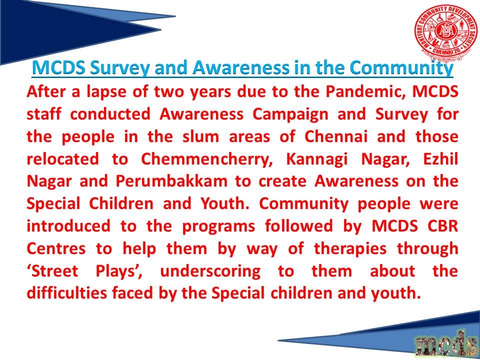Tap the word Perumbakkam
(171, 181)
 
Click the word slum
(201, 137)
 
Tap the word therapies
(350, 249)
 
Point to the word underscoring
(210, 271)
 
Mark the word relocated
(63, 159)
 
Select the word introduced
(68, 226)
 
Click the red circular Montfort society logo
(445, 32)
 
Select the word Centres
(56, 249)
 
